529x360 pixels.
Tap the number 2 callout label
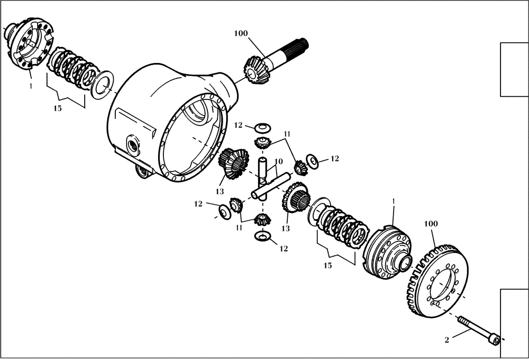click(447, 340)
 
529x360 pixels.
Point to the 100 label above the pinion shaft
click(241, 34)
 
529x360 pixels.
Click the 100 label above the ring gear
click(431, 224)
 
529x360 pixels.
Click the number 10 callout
click(278, 161)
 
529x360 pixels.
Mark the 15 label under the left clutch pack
click(57, 108)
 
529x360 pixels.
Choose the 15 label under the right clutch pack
click(328, 265)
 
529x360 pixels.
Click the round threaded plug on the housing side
click(132, 143)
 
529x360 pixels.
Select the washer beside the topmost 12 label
click(261, 127)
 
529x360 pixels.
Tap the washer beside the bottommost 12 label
click(261, 235)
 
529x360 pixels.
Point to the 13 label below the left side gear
click(220, 191)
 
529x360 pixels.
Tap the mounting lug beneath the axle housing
click(141, 170)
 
